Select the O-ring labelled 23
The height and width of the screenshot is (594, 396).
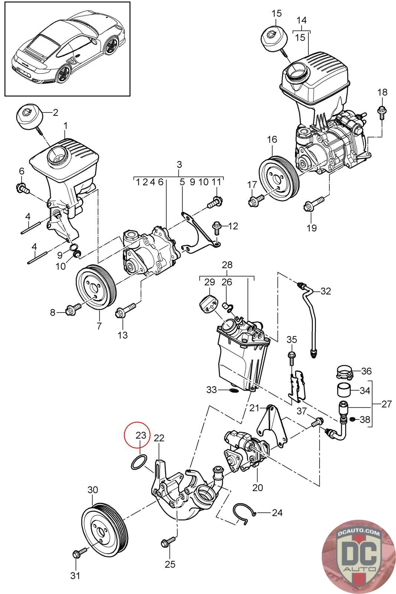click(x=137, y=461)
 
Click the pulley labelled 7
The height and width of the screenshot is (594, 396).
click(x=96, y=285)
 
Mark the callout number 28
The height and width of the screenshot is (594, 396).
click(x=227, y=265)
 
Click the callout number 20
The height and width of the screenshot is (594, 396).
click(x=258, y=487)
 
